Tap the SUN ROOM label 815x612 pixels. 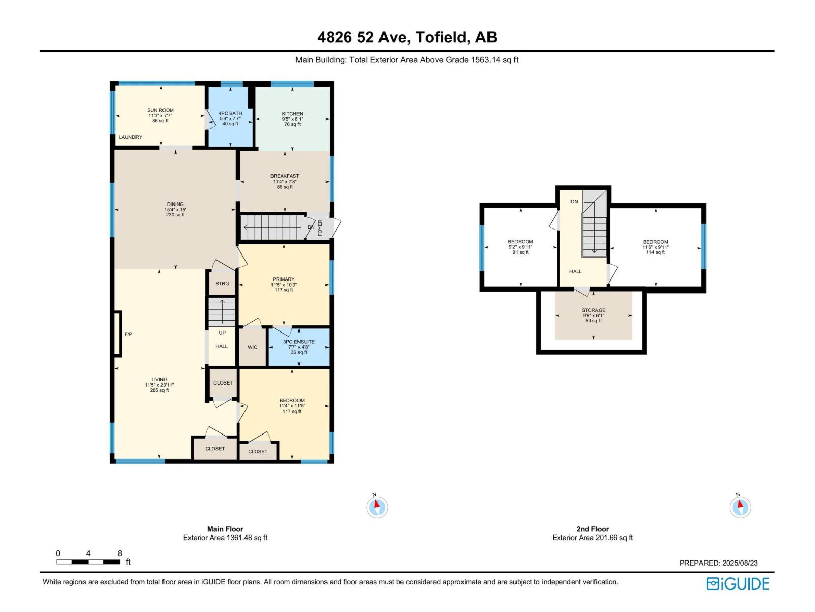pos(160,110)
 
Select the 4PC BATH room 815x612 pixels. pos(230,118)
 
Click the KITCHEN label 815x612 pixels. pos(292,114)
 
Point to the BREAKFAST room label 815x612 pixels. pos(285,176)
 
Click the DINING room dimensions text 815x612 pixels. pos(175,210)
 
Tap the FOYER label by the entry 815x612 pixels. pos(320,227)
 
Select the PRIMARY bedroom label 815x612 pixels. pos(283,279)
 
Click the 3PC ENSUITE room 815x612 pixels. pos(299,347)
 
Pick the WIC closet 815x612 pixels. pos(253,347)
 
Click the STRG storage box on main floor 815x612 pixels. pos(222,284)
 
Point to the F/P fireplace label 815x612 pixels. pos(128,334)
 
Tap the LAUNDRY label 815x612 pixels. pos(130,137)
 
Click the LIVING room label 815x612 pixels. pos(159,380)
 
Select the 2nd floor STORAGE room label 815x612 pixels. pos(593,310)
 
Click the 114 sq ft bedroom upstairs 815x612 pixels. pos(656,247)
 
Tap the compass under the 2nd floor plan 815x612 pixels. pos(740,507)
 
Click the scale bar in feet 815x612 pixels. pos(88,562)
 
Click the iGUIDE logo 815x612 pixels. pos(738,583)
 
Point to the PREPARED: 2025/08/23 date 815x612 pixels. pos(718,563)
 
